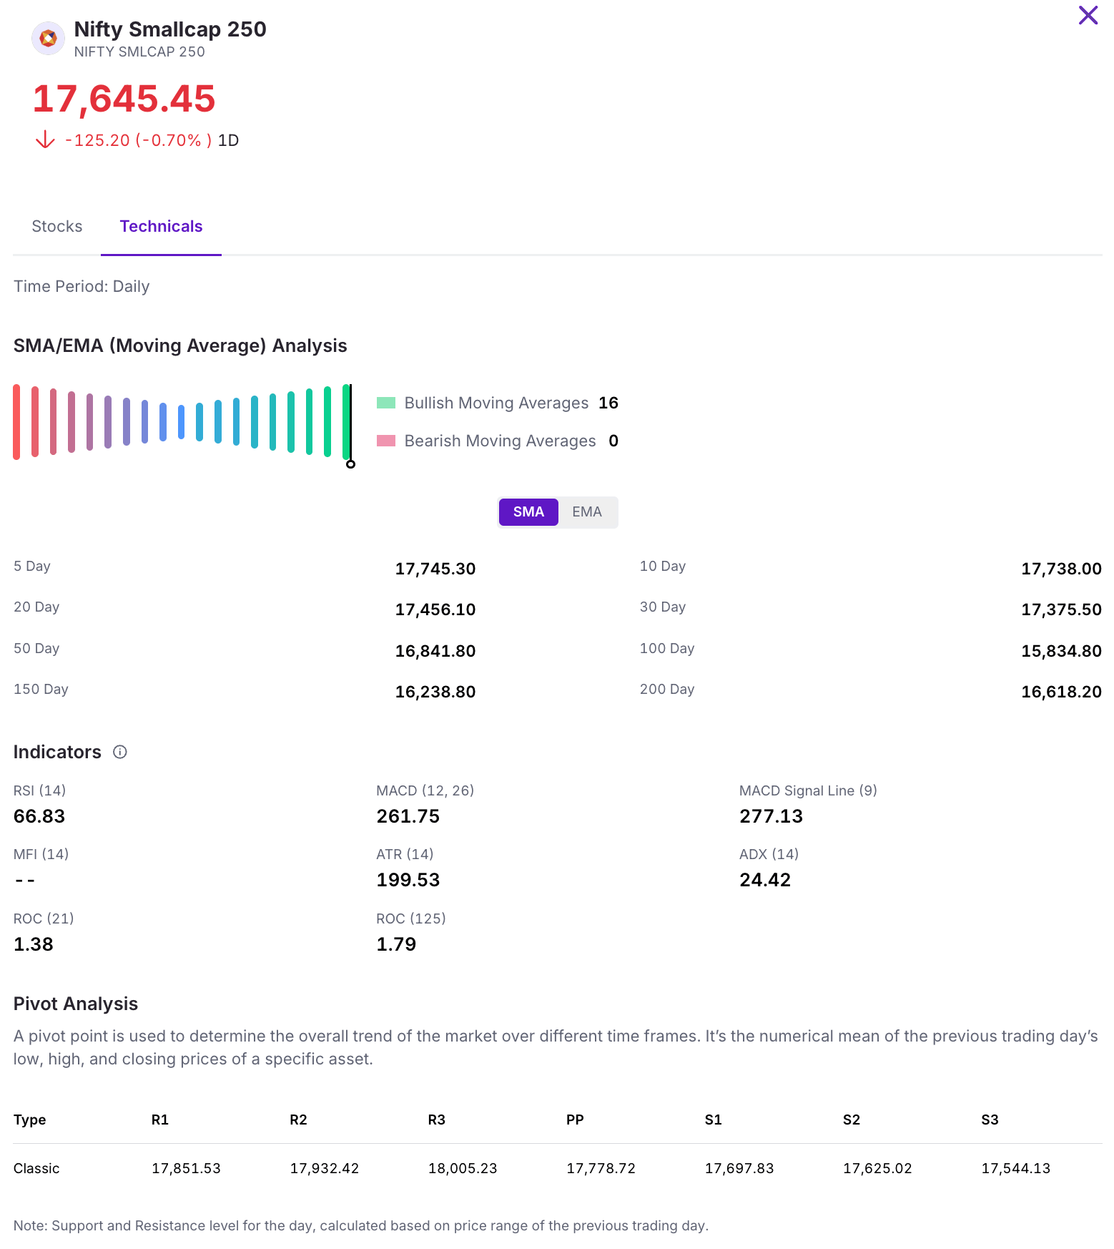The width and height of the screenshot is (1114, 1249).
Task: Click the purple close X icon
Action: [1088, 15]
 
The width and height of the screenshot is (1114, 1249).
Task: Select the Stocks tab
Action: [57, 226]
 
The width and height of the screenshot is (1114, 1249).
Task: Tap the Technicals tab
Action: [161, 226]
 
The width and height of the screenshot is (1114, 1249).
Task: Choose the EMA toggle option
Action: [587, 512]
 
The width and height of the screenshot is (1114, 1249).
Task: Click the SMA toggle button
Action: [528, 512]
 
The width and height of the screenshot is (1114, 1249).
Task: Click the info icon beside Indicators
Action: [120, 752]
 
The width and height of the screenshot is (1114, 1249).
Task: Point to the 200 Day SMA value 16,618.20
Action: [1061, 692]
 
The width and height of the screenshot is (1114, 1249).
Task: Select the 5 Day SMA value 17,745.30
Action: [435, 569]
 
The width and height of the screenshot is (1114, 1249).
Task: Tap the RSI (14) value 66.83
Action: [39, 816]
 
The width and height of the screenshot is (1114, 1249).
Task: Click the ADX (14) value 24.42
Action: [765, 880]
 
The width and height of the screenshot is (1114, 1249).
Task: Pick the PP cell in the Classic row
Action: [601, 1168]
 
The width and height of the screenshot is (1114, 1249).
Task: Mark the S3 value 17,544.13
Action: [1015, 1168]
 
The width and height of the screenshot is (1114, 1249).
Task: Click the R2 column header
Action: [298, 1120]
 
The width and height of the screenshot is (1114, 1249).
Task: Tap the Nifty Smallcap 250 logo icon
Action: [49, 39]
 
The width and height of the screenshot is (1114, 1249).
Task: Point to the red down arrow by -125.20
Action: [45, 139]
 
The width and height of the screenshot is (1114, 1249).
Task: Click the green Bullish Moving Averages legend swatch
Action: [386, 403]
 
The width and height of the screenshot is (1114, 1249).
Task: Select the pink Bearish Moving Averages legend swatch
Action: [386, 441]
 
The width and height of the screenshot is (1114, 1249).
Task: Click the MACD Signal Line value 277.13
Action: [771, 816]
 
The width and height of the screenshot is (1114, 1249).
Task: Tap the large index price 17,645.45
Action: [124, 99]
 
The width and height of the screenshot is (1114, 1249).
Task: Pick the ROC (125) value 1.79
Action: [396, 944]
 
